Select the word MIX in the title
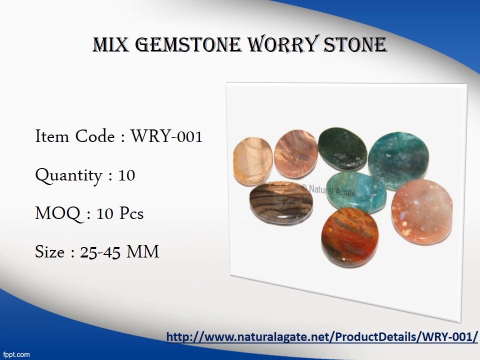pyautogui.click(x=111, y=45)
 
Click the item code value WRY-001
pyautogui.click(x=166, y=136)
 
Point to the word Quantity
pyautogui.click(x=68, y=175)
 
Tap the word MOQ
pyautogui.click(x=57, y=214)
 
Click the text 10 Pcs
pyautogui.click(x=120, y=214)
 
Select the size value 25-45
pyautogui.click(x=100, y=252)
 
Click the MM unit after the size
pyautogui.click(x=143, y=252)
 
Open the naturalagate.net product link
pyautogui.click(x=322, y=336)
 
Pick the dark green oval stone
pyautogui.click(x=342, y=148)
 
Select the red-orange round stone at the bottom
pyautogui.click(x=350, y=236)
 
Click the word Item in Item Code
pyautogui.click(x=52, y=136)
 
